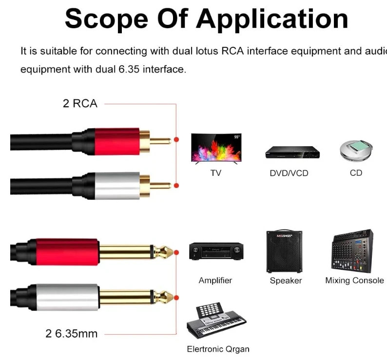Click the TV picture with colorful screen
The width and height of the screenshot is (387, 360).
[x=216, y=149]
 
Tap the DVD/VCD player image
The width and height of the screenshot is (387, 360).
[x=292, y=152]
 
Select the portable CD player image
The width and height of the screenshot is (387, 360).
[x=356, y=151]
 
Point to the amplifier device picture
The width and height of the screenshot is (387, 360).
[x=216, y=251]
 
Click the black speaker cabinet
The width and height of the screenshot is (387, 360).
[x=284, y=251]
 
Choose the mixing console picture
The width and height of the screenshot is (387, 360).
[x=352, y=251]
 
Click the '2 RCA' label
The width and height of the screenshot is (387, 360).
[x=80, y=103]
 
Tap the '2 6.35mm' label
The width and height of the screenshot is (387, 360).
[x=72, y=334]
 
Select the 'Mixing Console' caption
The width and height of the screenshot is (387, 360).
[x=354, y=280]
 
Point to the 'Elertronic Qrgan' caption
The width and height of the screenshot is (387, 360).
[x=218, y=349]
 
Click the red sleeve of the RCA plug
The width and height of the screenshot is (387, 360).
[x=117, y=142]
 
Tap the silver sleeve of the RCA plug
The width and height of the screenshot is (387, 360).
[x=117, y=186]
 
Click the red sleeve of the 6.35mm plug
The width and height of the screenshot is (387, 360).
[x=67, y=252]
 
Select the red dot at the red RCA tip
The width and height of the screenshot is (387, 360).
[x=176, y=139]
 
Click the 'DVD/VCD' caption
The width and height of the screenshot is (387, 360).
[x=289, y=173]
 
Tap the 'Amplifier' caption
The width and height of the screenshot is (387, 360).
[x=215, y=280]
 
